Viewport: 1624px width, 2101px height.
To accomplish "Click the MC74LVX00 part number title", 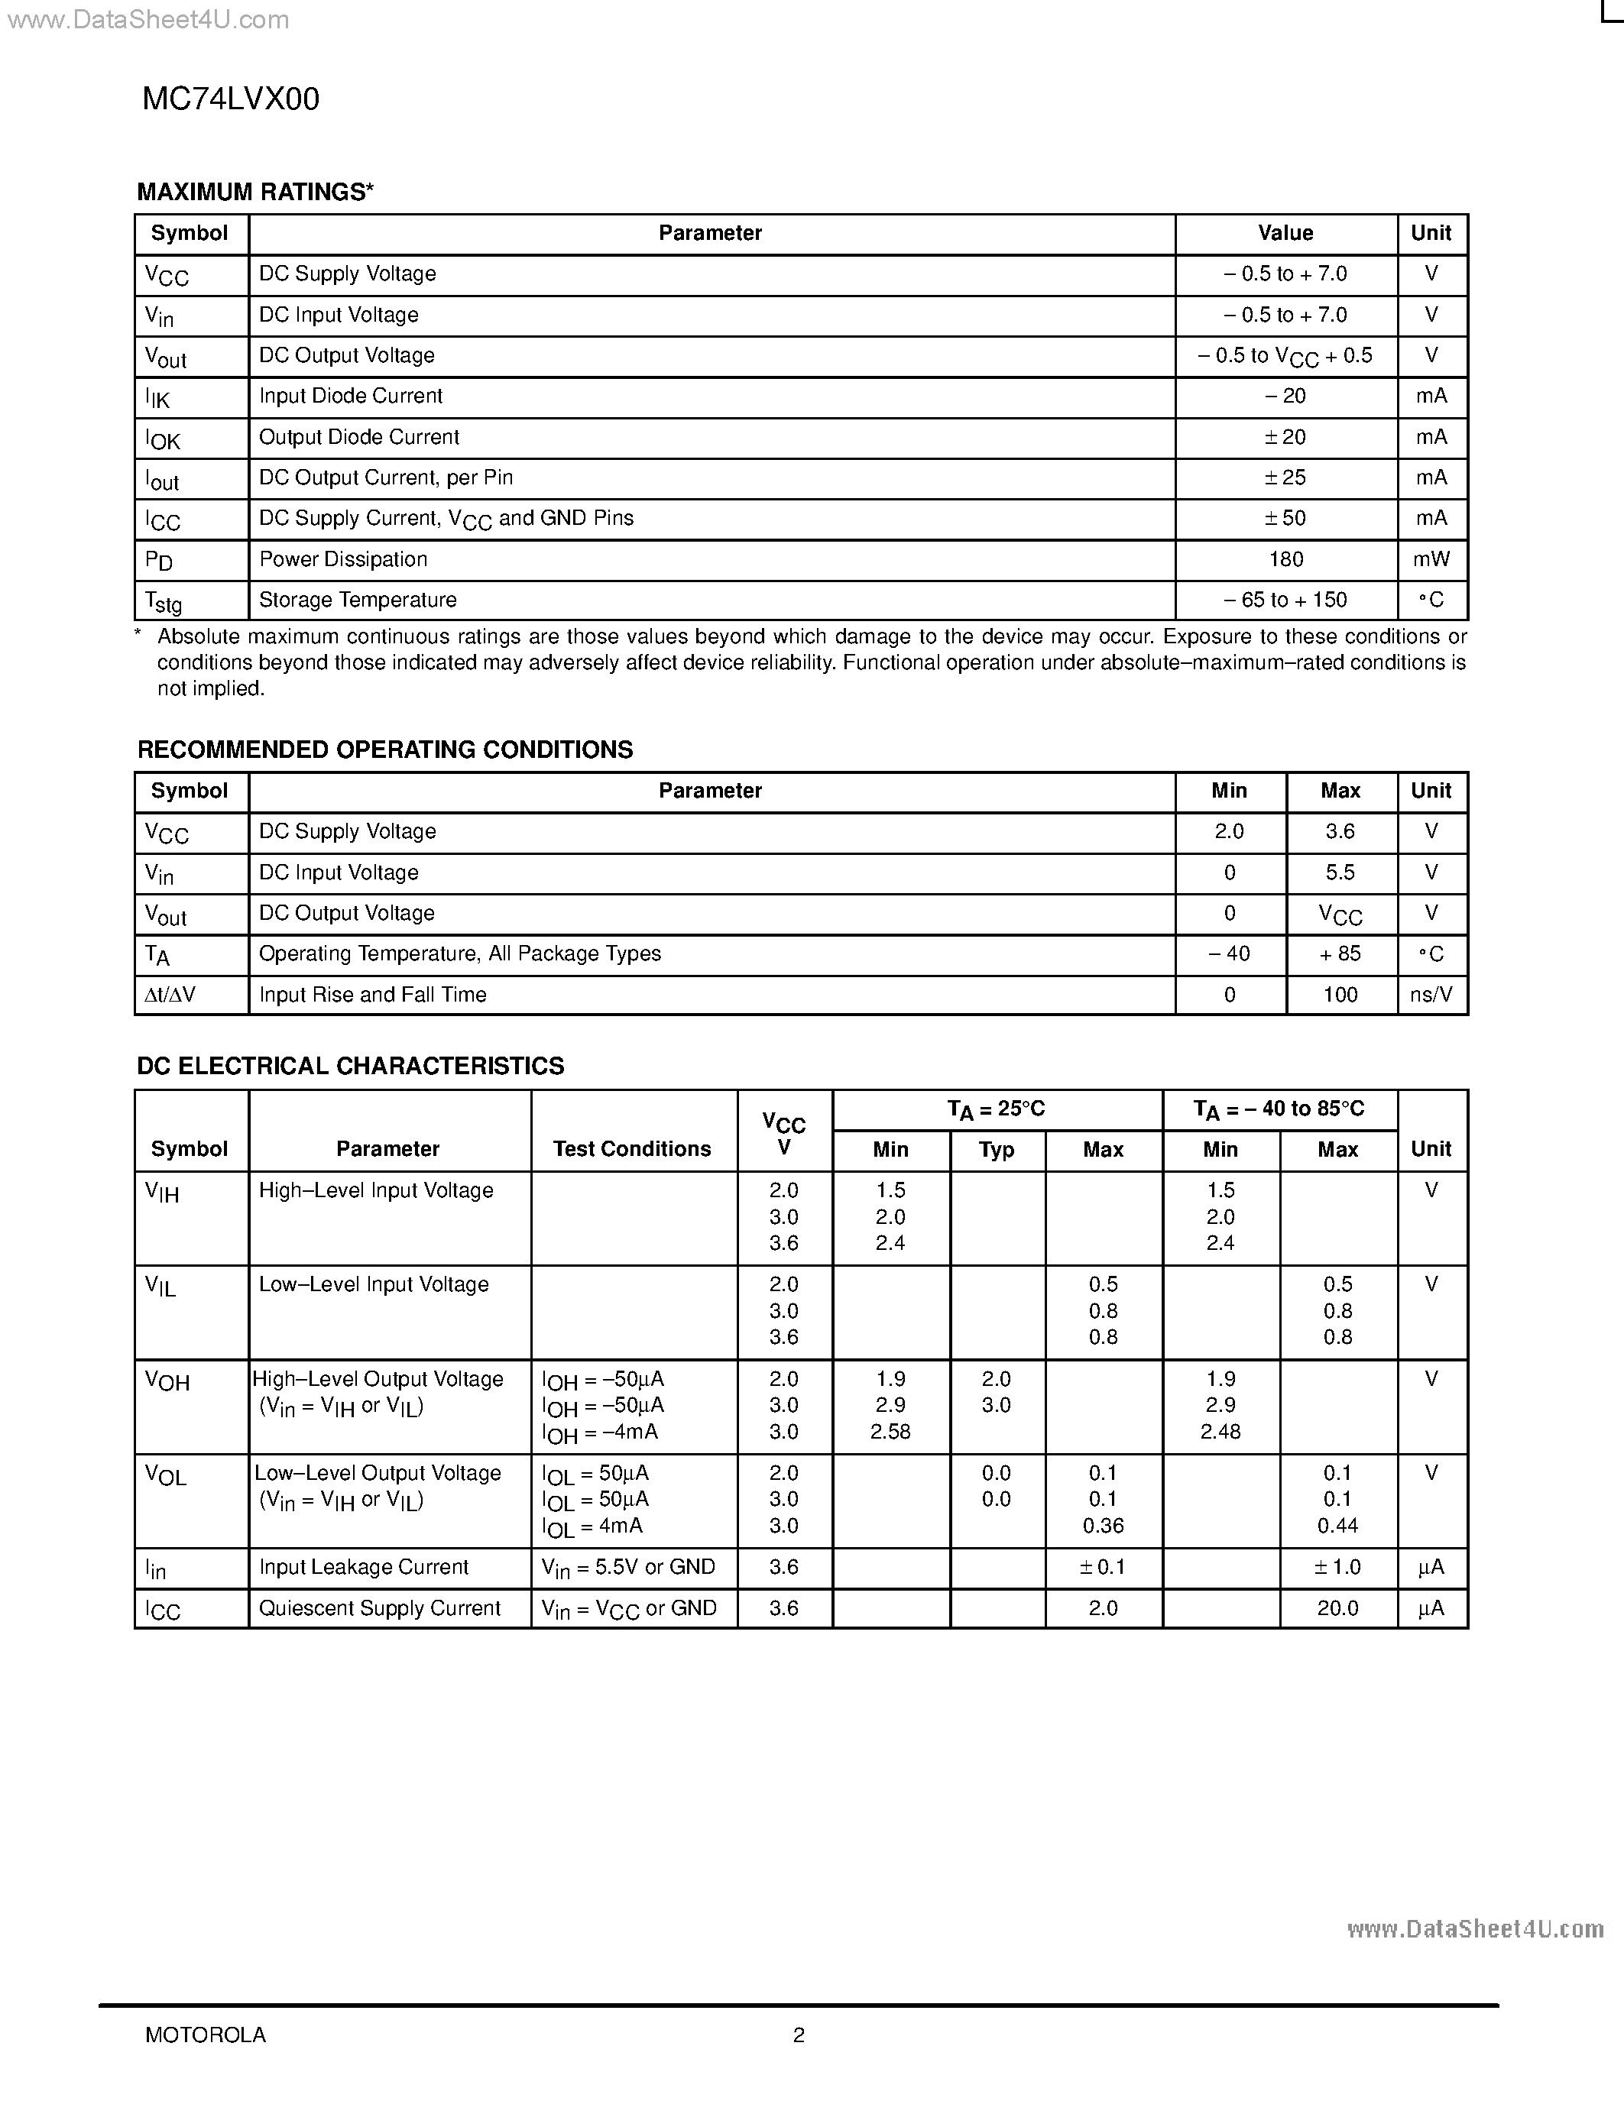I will point(231,99).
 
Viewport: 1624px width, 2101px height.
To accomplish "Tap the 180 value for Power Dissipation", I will point(1285,560).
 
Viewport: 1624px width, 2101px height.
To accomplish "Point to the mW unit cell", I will point(1431,560).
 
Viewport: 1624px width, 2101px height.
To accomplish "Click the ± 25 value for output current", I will point(1285,478).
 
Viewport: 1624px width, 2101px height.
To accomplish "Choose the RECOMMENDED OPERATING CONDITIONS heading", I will point(385,750).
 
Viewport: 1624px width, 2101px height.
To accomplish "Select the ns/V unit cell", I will point(1431,995).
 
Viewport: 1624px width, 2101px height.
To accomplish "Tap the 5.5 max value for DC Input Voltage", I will point(1340,872).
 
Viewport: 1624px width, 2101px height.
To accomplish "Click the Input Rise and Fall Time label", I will point(372,995).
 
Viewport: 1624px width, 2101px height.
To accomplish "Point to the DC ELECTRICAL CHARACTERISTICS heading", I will point(350,1066).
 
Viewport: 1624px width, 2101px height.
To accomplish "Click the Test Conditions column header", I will point(632,1148).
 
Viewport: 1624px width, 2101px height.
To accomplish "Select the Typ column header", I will point(997,1150).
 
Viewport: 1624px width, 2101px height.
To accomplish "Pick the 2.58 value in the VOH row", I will point(890,1432).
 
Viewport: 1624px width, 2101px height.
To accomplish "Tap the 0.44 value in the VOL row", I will point(1337,1526).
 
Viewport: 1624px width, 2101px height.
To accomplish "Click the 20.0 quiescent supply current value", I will point(1337,1608).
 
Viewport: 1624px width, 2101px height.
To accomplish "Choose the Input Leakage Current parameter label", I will point(364,1567).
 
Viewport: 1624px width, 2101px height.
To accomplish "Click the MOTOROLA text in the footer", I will point(205,2035).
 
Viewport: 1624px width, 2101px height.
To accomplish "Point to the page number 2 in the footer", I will point(799,2035).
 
